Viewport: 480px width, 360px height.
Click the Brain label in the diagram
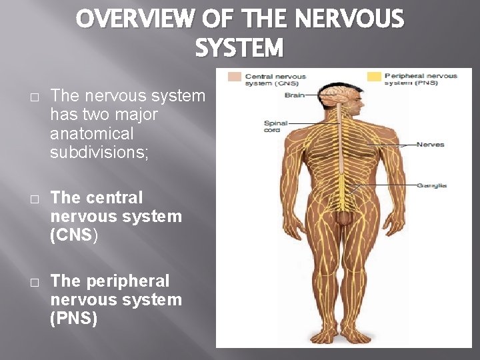295,95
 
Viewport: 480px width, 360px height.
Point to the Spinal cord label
275,126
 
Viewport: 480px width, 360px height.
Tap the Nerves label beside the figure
430,145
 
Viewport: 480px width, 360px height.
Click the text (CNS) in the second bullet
74,235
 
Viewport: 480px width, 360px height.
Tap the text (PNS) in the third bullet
74,319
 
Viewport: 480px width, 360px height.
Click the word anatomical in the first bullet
92,133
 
